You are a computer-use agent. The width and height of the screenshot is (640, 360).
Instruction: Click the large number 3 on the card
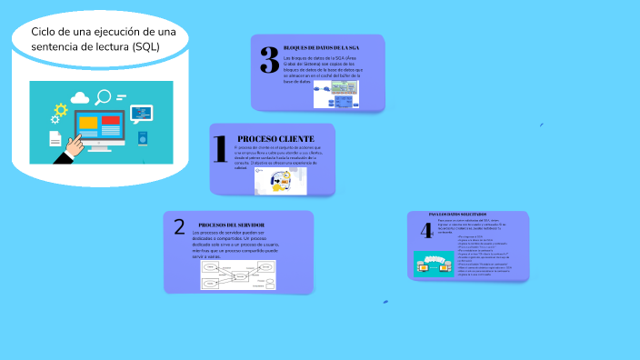click(269, 59)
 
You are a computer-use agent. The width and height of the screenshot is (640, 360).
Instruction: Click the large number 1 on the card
click(219, 148)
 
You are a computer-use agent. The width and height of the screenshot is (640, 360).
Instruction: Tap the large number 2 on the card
click(179, 227)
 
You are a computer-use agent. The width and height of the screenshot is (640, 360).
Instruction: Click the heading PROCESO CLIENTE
click(275, 138)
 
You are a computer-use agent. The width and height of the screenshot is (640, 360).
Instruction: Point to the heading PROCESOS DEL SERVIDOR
click(231, 224)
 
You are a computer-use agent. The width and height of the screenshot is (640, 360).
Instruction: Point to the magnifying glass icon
click(105, 95)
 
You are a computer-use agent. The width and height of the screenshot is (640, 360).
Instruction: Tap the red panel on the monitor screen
click(111, 120)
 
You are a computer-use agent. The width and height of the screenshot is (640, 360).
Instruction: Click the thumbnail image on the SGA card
click(346, 88)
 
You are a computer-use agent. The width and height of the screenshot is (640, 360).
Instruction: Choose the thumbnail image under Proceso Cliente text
click(280, 181)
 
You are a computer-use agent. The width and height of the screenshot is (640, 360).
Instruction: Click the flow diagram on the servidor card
click(238, 275)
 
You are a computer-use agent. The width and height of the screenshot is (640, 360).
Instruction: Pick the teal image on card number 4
click(433, 264)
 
